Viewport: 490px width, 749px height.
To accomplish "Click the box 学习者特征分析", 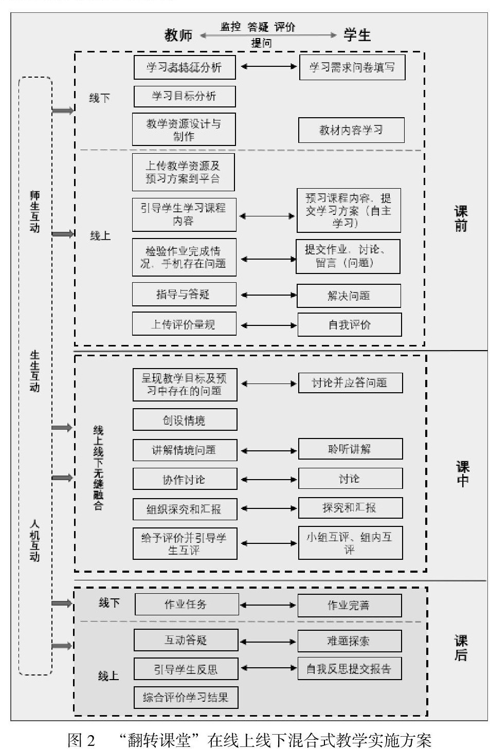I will pyautogui.click(x=184, y=67).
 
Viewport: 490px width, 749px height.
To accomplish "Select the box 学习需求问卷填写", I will pyautogui.click(x=352, y=67).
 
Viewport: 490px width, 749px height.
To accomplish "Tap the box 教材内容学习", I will pyautogui.click(x=351, y=130).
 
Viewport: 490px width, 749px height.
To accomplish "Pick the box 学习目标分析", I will pyautogui.click(x=184, y=96).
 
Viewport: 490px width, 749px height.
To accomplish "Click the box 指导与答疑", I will pyautogui.click(x=184, y=295).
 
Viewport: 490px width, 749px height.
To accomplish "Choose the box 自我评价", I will pyautogui.click(x=349, y=325).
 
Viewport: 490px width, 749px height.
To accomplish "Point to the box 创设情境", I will pyautogui.click(x=185, y=420).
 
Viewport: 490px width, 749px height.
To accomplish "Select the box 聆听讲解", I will pyautogui.click(x=350, y=449).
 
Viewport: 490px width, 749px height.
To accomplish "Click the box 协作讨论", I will pyautogui.click(x=185, y=479).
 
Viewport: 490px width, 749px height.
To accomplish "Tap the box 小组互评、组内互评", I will pyautogui.click(x=350, y=543).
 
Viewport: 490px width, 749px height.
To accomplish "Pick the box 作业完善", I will pyautogui.click(x=349, y=605).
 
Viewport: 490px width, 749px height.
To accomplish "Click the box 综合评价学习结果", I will pyautogui.click(x=186, y=697).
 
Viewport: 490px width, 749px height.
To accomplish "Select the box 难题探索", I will pyautogui.click(x=349, y=641).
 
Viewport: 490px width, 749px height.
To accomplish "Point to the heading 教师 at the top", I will pyautogui.click(x=178, y=35).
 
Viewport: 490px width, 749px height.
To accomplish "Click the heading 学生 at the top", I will pyautogui.click(x=357, y=35).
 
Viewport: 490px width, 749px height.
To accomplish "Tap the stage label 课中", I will pyautogui.click(x=462, y=473).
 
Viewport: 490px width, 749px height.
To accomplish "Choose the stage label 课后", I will pyautogui.click(x=461, y=648).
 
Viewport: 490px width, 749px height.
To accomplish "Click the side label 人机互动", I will pyautogui.click(x=34, y=540).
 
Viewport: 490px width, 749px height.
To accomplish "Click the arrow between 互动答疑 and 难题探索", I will pyautogui.click(x=268, y=641).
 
